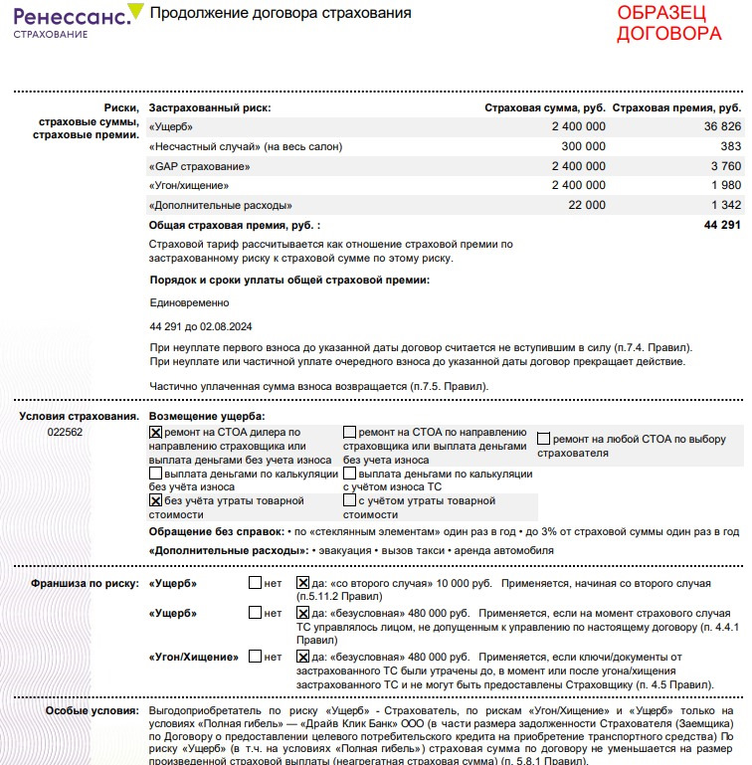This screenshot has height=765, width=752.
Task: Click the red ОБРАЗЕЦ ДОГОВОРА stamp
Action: coord(668,23)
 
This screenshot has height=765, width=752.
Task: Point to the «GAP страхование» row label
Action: coord(199,166)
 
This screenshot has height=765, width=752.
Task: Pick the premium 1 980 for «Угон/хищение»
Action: coord(726,185)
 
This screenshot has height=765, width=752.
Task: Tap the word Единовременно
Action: coord(189,302)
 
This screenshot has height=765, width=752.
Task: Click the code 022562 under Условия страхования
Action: coord(66,433)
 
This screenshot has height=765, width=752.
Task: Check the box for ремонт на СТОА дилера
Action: coord(155,433)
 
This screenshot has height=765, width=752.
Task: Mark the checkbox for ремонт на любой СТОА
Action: coord(544,439)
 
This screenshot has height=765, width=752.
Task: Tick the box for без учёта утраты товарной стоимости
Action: coord(155,502)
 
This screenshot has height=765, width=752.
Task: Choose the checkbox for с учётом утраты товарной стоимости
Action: coord(349,501)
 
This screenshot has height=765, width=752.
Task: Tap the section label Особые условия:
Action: coord(93,712)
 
